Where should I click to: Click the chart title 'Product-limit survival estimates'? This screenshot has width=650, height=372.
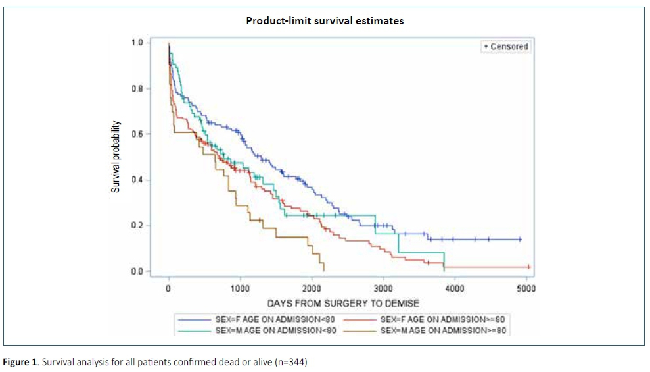tap(325, 20)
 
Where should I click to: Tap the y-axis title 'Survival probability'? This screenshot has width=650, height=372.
tap(116, 157)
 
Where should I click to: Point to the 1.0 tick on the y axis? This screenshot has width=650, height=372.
tap(137, 43)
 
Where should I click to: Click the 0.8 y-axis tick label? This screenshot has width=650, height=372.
tap(137, 88)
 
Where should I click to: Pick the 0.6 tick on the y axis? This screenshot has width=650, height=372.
tap(137, 134)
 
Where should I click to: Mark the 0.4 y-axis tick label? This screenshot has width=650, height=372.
tap(137, 180)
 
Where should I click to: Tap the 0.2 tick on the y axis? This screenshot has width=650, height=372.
tap(137, 226)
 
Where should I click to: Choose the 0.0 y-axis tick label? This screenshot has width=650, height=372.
tap(137, 271)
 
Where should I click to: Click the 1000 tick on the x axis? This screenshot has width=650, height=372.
tap(240, 288)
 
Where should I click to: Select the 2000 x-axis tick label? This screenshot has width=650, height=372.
tap(312, 288)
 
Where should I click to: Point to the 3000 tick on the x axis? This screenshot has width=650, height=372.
tap(383, 288)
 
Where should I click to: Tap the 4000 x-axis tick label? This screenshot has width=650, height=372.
tap(455, 288)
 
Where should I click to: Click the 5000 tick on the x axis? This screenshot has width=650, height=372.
tap(526, 288)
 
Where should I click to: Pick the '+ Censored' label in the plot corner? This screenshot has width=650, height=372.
tap(506, 47)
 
